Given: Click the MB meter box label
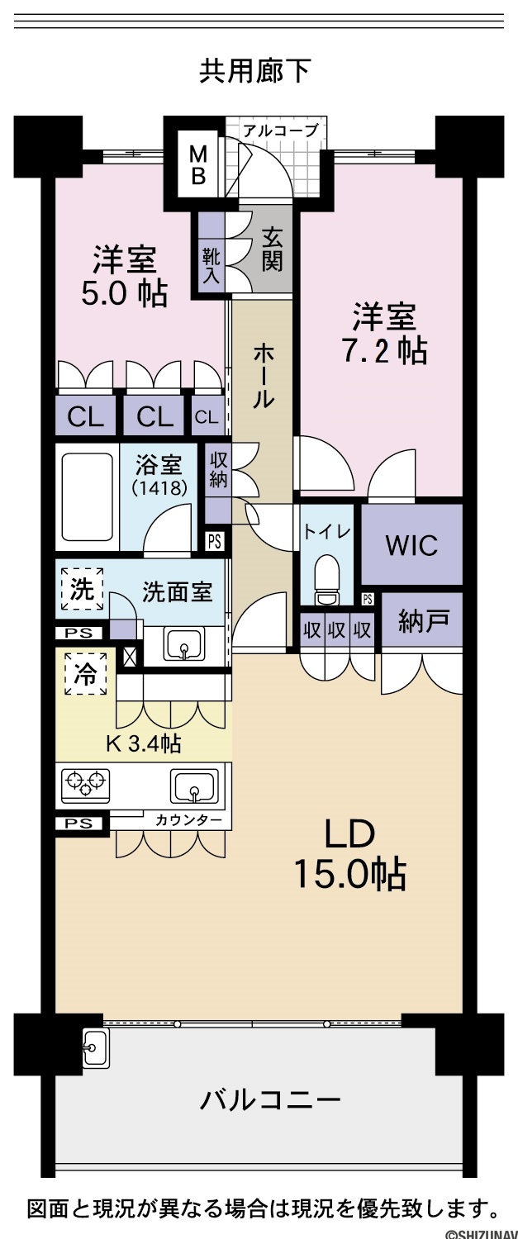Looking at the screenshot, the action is click(198, 164).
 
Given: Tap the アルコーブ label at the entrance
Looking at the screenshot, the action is click(281, 131).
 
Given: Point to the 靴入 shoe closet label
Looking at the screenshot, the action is click(211, 265).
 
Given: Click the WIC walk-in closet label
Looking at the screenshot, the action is click(411, 545).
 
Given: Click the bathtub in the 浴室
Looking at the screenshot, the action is click(87, 497).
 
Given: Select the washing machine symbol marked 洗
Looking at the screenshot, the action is click(82, 589).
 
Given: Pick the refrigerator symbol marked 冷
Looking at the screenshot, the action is click(86, 674).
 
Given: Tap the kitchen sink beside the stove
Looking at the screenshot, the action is click(193, 786).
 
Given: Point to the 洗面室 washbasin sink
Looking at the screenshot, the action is click(183, 643).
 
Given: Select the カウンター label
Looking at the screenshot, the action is click(188, 819).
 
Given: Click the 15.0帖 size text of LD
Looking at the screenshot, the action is click(349, 874).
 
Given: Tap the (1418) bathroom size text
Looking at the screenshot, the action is click(159, 487).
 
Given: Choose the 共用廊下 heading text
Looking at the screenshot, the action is click(255, 71).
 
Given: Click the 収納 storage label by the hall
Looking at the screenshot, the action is click(219, 470).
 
